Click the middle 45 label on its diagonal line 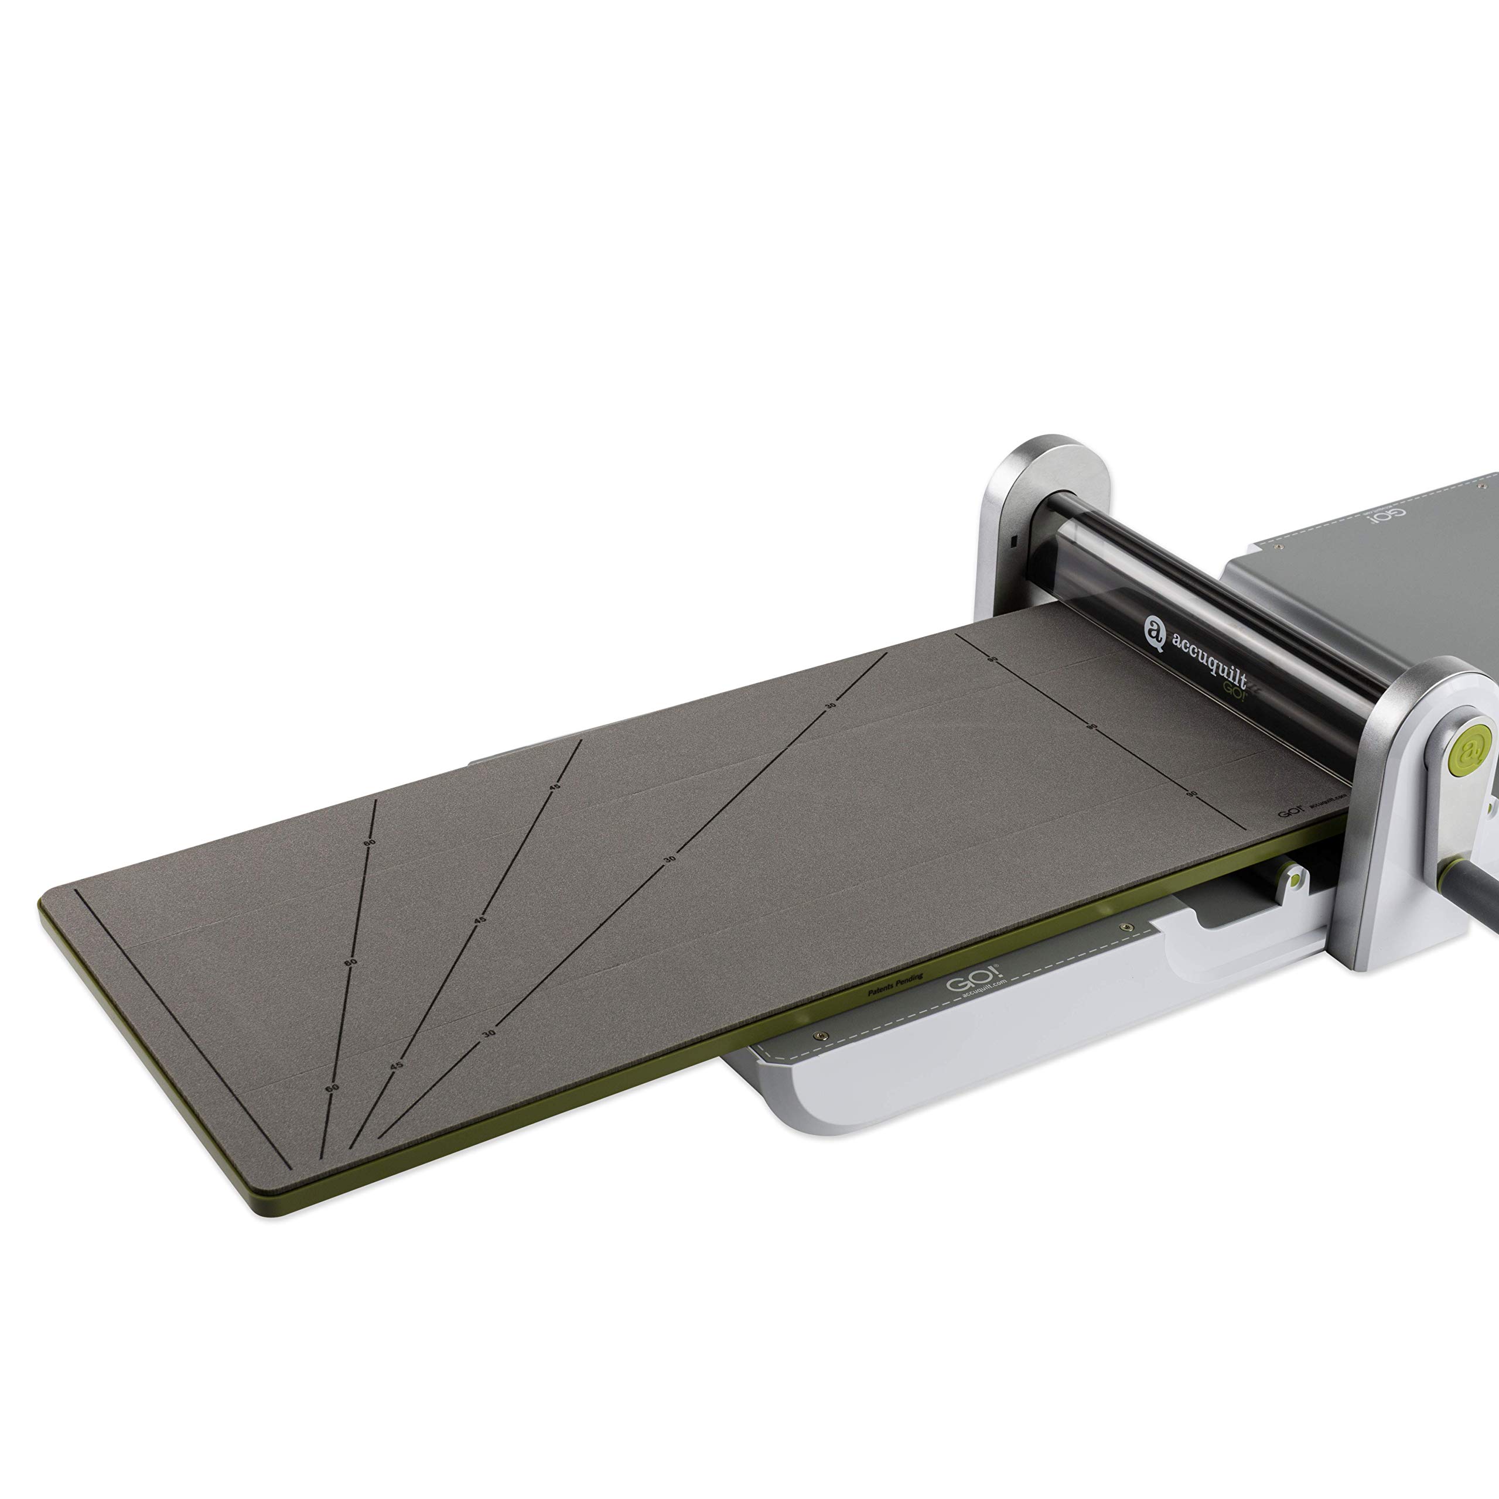[x=480, y=920]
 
